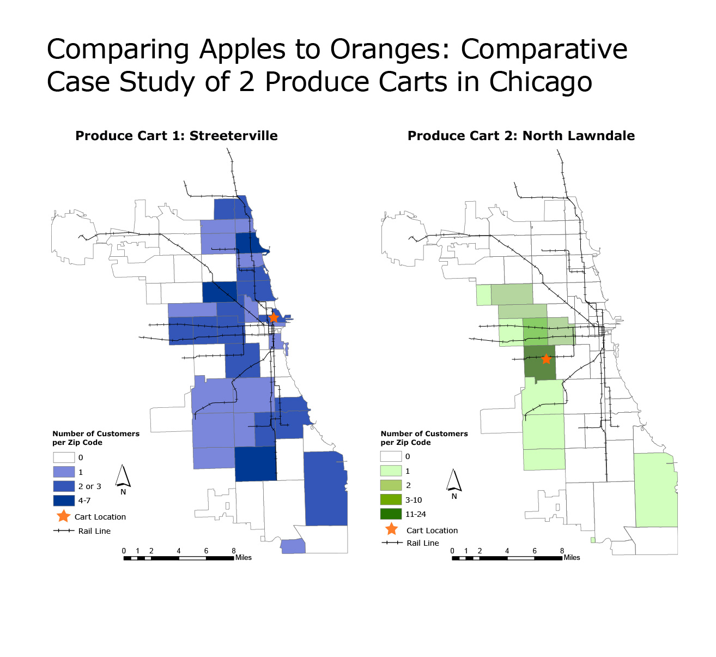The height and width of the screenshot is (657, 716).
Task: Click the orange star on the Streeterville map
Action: [x=274, y=317]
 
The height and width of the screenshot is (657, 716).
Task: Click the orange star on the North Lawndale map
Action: [x=546, y=359]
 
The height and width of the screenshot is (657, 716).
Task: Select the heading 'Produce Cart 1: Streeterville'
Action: [x=177, y=136]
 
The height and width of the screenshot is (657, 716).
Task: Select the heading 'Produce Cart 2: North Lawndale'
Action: [x=521, y=136]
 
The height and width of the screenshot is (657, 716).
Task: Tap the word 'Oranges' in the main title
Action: [x=390, y=49]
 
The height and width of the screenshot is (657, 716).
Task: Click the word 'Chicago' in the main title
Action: [x=541, y=82]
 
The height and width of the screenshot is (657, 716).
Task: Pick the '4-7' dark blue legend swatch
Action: [x=64, y=501]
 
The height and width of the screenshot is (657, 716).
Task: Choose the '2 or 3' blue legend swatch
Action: [x=64, y=486]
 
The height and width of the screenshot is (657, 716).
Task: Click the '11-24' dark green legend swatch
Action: [x=391, y=514]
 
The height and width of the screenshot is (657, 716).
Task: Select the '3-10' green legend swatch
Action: [x=391, y=500]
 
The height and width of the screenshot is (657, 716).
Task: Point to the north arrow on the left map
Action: [x=123, y=476]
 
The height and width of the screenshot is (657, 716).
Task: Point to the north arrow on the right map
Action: [x=454, y=480]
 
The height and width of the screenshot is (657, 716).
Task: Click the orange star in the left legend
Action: [x=64, y=516]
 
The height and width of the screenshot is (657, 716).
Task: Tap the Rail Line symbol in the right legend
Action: [x=392, y=543]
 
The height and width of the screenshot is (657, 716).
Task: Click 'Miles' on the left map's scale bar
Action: [x=244, y=557]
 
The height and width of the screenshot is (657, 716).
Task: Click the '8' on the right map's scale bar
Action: [x=562, y=551]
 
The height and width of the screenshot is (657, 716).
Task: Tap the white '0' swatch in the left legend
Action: [x=64, y=457]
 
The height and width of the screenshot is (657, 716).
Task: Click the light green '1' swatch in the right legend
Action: [x=391, y=471]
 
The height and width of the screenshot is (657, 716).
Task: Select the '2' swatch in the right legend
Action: [x=391, y=485]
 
